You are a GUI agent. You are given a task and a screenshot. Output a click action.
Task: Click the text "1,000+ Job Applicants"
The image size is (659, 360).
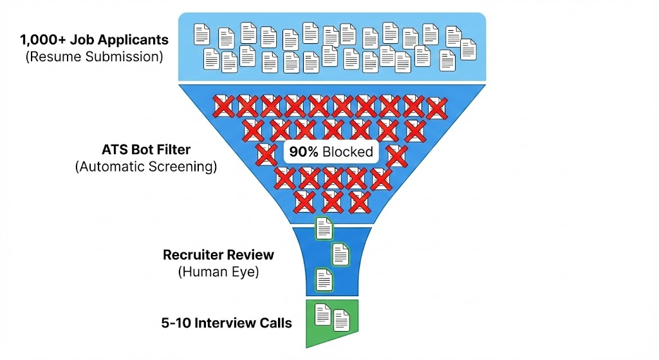tap(95, 39)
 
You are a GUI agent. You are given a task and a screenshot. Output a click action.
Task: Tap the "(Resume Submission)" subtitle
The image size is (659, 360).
tap(95, 57)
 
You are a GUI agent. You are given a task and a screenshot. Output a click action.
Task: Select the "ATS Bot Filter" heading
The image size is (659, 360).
tap(146, 150)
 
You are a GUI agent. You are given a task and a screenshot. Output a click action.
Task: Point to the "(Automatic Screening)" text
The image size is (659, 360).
tap(146, 167)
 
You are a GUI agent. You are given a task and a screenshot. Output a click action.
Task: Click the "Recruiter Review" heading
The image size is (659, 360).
tap(218, 254)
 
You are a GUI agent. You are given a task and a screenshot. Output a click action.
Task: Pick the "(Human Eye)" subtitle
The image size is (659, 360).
tap(218, 272)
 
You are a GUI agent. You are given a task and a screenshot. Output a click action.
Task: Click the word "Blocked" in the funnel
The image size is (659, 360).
tap(348, 152)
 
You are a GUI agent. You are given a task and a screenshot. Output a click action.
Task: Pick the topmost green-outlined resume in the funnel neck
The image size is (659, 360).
tap(324, 228)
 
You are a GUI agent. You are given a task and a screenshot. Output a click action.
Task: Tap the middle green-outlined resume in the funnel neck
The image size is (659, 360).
tap(340, 254)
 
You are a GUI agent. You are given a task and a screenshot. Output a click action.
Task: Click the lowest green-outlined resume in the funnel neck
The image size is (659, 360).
tap(324, 279)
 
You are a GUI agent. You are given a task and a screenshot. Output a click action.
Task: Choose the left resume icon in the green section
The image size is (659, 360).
tap(322, 315)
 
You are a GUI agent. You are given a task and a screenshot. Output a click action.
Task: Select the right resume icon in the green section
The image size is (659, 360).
tap(341, 320)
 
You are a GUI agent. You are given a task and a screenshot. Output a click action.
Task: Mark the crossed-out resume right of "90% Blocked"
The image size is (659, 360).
tap(396, 155)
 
